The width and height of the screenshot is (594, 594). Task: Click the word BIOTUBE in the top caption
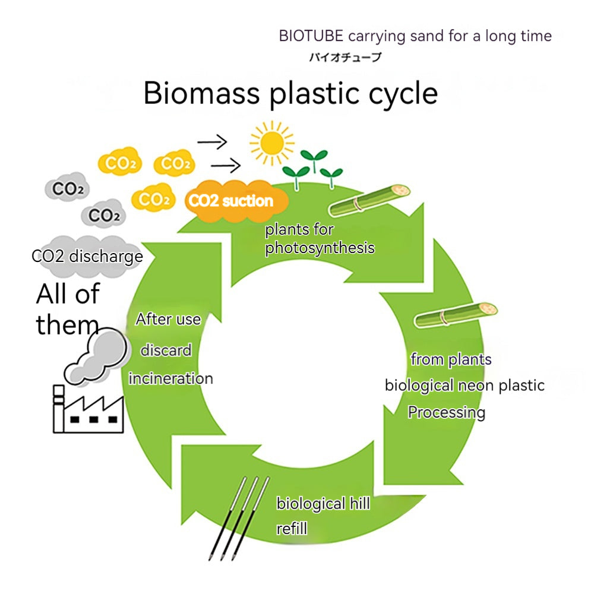pos(311,36)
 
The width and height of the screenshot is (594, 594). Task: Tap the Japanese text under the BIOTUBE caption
pos(345,57)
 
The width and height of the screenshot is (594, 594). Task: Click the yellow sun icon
pos(272,143)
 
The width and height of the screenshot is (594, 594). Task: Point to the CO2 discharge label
pos(87,257)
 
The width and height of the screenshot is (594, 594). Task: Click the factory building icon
pos(89,410)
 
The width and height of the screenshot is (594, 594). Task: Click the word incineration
pos(170,378)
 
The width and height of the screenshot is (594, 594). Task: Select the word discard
pos(166,350)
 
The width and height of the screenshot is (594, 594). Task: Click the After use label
pos(168,320)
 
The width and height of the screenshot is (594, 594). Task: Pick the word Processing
pos(446,412)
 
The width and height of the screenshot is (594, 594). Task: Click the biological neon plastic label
pos(465,385)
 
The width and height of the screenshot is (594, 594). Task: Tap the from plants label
pos(451,359)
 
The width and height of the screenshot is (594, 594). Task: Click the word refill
pos(292,528)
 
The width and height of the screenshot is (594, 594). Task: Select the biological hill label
pos(323,504)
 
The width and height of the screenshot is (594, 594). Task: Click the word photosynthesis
pos(320,247)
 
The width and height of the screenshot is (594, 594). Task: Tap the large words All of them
pos(68,309)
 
